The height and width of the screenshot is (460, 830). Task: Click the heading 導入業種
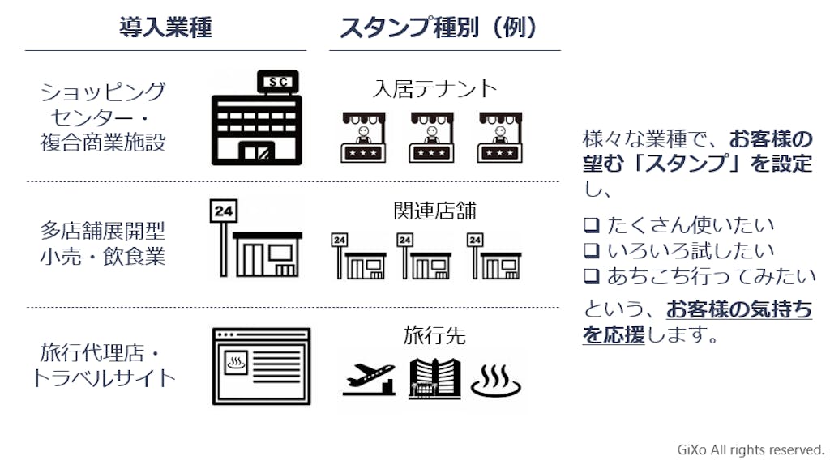(x=165, y=28)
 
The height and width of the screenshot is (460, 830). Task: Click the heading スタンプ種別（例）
(x=439, y=28)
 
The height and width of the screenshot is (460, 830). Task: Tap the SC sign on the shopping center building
(x=277, y=81)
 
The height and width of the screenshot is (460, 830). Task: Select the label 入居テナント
(x=434, y=88)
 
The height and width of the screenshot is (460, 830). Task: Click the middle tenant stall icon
(x=430, y=137)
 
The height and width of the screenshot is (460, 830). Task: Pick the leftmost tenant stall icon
(x=361, y=137)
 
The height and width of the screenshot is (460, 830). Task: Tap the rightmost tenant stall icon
(x=498, y=137)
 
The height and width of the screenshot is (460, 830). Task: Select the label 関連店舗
(x=434, y=211)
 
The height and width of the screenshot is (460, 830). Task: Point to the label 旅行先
(x=434, y=334)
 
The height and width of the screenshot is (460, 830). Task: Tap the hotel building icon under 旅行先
(x=434, y=377)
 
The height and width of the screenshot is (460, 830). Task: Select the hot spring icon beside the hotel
(x=496, y=378)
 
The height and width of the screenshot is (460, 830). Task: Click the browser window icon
(x=261, y=366)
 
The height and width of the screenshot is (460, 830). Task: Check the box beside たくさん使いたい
(x=590, y=225)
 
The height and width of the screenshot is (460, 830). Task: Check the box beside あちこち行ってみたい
(x=590, y=276)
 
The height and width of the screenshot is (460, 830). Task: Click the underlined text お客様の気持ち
(x=738, y=309)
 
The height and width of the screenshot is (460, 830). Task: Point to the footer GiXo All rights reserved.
(x=751, y=449)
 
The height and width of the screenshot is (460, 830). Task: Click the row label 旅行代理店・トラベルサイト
(x=103, y=365)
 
